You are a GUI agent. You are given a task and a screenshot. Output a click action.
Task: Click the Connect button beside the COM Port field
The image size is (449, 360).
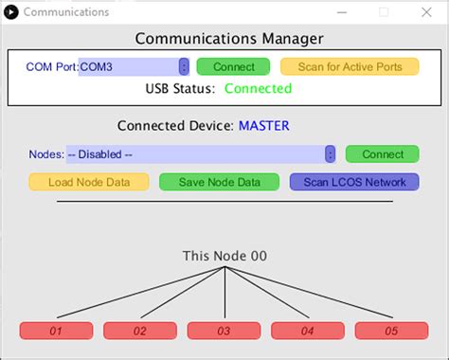(x=233, y=67)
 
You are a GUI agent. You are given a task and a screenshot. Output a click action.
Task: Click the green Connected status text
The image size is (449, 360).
(x=258, y=89)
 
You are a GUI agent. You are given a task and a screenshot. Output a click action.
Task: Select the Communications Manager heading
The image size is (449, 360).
(x=228, y=39)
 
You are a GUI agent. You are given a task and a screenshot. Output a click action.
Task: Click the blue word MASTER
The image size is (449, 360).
(x=263, y=125)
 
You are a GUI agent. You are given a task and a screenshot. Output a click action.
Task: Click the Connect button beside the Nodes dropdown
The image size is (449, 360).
(x=382, y=154)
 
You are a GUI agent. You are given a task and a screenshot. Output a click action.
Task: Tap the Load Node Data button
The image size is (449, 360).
(x=88, y=182)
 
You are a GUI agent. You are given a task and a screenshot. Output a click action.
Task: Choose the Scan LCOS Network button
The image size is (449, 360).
(x=353, y=182)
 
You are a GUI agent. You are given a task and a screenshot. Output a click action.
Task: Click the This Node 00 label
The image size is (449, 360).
(x=224, y=256)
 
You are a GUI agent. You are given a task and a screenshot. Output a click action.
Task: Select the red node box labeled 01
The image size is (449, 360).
(x=56, y=331)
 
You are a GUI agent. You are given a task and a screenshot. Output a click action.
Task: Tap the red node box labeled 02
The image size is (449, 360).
(x=140, y=331)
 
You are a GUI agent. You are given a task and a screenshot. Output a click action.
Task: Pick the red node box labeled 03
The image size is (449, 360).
(x=224, y=331)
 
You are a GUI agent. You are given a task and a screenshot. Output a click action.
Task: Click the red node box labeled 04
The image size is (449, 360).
(x=308, y=331)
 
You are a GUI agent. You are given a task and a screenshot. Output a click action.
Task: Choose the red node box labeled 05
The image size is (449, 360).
(x=391, y=331)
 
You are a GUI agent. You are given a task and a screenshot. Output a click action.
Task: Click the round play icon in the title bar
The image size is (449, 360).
(x=10, y=11)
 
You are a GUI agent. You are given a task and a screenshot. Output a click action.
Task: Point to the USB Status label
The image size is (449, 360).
(x=180, y=89)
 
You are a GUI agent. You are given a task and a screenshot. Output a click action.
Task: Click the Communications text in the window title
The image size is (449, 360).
(x=65, y=12)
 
